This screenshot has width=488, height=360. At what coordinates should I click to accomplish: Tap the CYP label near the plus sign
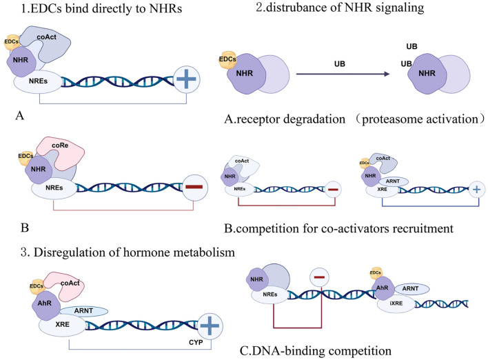[x=196, y=343]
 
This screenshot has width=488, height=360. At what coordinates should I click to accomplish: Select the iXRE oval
[x=396, y=303]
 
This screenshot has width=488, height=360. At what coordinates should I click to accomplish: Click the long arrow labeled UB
[x=343, y=74]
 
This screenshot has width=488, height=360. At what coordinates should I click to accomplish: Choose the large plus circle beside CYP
[x=210, y=326]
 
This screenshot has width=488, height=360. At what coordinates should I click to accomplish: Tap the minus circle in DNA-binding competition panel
[x=319, y=277]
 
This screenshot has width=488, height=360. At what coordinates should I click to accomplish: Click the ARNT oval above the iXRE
[x=411, y=289]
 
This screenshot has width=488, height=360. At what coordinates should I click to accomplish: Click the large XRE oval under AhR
[x=62, y=325]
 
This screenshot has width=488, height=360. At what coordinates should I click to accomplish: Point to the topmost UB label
[x=411, y=46]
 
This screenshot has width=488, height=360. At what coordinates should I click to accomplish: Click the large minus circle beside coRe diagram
[x=194, y=187]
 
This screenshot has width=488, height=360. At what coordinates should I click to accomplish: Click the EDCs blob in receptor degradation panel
[x=227, y=59]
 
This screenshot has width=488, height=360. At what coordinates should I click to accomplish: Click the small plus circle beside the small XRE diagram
[x=476, y=190]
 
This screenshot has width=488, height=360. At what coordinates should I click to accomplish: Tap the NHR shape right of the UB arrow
[x=427, y=74]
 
